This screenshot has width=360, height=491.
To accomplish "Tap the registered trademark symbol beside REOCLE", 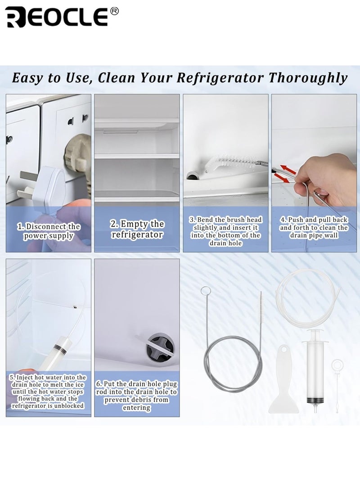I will click(114, 11).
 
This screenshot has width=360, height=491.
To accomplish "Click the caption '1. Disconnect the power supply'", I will click(49, 231).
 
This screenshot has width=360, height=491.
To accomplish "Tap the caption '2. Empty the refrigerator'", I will click(137, 229).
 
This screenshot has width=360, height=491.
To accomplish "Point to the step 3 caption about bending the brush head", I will click(225, 231).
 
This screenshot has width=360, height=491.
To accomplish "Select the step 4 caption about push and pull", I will click(314, 228).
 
